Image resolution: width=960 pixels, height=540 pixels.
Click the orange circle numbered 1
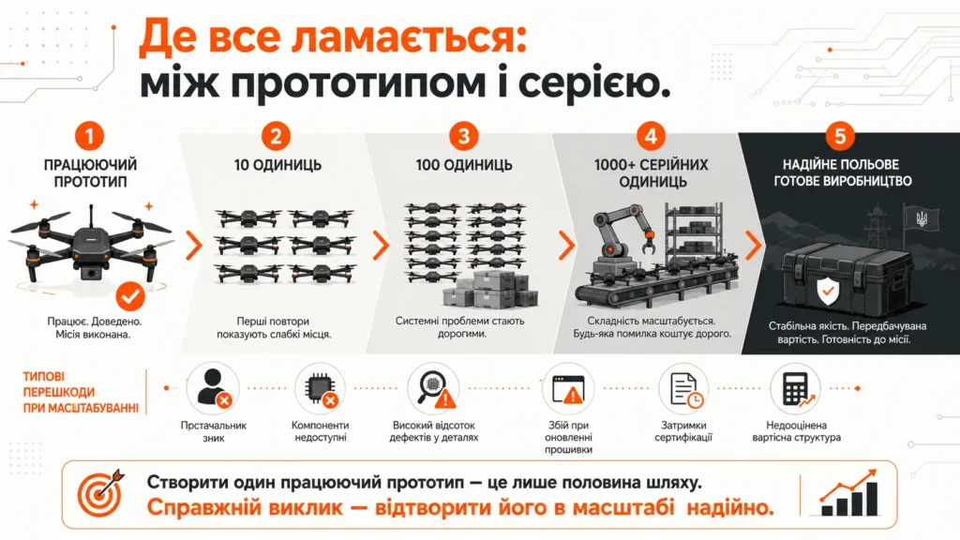click(x=89, y=135)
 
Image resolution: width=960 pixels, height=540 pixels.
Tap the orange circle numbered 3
click(x=463, y=135)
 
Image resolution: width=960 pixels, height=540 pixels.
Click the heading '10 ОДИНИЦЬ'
click(x=277, y=165)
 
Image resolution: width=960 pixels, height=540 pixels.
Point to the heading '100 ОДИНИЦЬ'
click(x=463, y=165)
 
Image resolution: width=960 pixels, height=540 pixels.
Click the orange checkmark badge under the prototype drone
click(x=130, y=296)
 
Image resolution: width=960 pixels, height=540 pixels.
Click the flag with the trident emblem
click(x=921, y=218)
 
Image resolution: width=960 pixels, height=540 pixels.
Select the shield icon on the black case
click(x=827, y=291)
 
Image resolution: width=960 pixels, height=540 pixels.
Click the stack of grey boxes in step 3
click(x=489, y=290)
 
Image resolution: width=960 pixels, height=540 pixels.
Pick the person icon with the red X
click(x=214, y=387)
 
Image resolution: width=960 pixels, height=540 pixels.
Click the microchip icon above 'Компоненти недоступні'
click(x=321, y=388)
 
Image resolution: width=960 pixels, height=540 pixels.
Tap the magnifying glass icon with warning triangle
click(x=433, y=388)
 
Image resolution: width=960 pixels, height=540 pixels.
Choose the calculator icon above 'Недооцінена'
click(x=796, y=388)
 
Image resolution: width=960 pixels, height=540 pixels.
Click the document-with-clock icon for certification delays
click(x=683, y=388)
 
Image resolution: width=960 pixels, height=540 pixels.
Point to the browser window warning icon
click(x=568, y=388)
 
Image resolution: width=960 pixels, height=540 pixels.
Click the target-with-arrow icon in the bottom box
click(x=100, y=493)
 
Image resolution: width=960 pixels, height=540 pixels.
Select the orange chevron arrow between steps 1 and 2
click(x=193, y=245)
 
